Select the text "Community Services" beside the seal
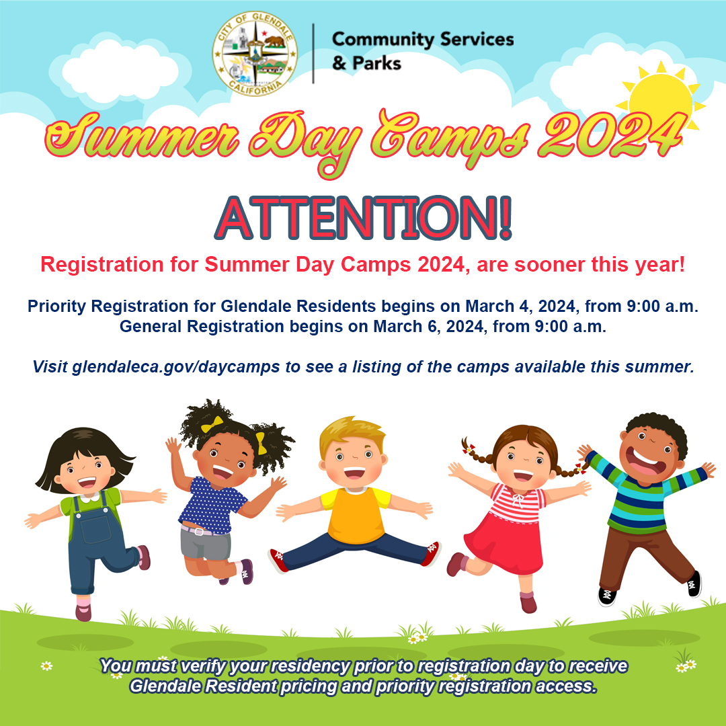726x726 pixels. point(422,39)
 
